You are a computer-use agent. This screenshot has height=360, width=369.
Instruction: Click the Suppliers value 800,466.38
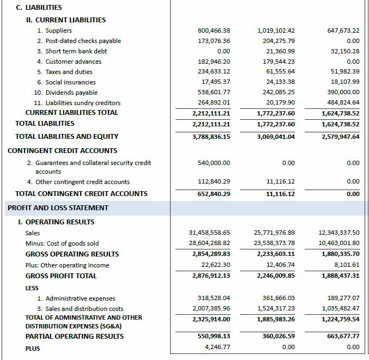[x=214, y=30]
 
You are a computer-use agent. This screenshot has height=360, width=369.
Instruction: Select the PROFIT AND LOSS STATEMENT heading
[x=58, y=208]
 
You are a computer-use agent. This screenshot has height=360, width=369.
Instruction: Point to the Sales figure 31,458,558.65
[x=209, y=233]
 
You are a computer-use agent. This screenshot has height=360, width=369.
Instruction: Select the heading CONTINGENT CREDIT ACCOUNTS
[x=62, y=151]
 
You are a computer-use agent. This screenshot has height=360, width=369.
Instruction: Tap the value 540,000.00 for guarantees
[x=214, y=163]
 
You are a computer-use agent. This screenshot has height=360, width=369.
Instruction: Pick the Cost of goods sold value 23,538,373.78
[x=274, y=243]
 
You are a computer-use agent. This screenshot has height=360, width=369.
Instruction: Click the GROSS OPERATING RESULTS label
[x=72, y=254]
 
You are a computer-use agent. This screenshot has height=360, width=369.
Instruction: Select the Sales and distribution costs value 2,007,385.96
[x=211, y=309]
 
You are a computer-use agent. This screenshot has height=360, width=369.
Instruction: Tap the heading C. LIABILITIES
[x=39, y=8]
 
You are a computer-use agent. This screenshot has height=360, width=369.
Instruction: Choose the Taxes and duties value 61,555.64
[x=281, y=72]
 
